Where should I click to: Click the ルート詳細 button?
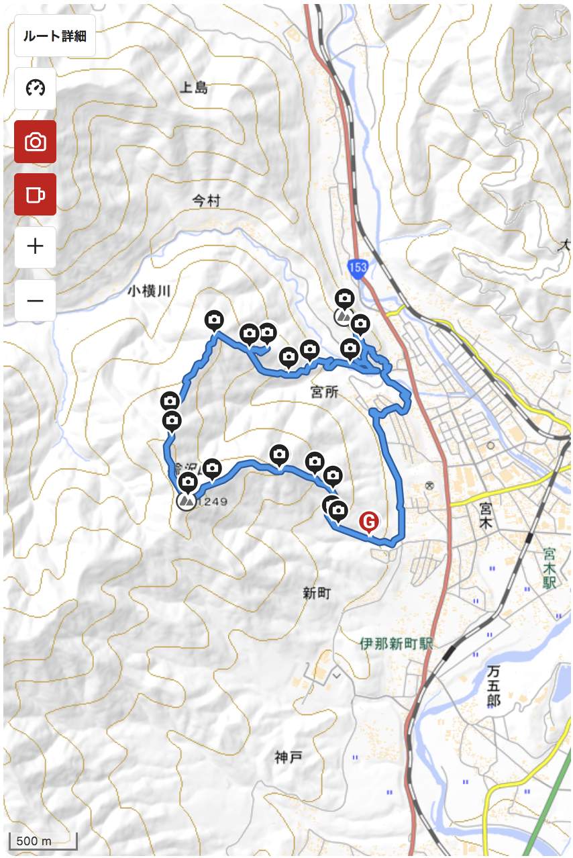pyautogui.click(x=55, y=36)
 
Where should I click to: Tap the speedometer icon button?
pyautogui.click(x=35, y=88)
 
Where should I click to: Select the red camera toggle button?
pyautogui.click(x=35, y=142)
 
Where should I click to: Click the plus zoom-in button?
pyautogui.click(x=35, y=246)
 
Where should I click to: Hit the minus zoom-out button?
pyautogui.click(x=35, y=300)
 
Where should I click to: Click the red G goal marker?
pyautogui.click(x=368, y=522)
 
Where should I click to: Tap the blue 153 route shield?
pyautogui.click(x=358, y=268)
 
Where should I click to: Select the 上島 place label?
pyautogui.click(x=195, y=87)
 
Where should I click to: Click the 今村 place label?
pyautogui.click(x=206, y=201)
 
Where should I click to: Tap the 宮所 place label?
pyautogui.click(x=325, y=392)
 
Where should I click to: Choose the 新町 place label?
pyautogui.click(x=317, y=593)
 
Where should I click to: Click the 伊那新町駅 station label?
pyautogui.click(x=396, y=644)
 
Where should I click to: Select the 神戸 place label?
pyautogui.click(x=289, y=758)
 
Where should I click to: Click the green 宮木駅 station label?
pyautogui.click(x=550, y=568)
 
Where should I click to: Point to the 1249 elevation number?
pyautogui.click(x=213, y=502)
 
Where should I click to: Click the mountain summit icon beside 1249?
pyautogui.click(x=186, y=502)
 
